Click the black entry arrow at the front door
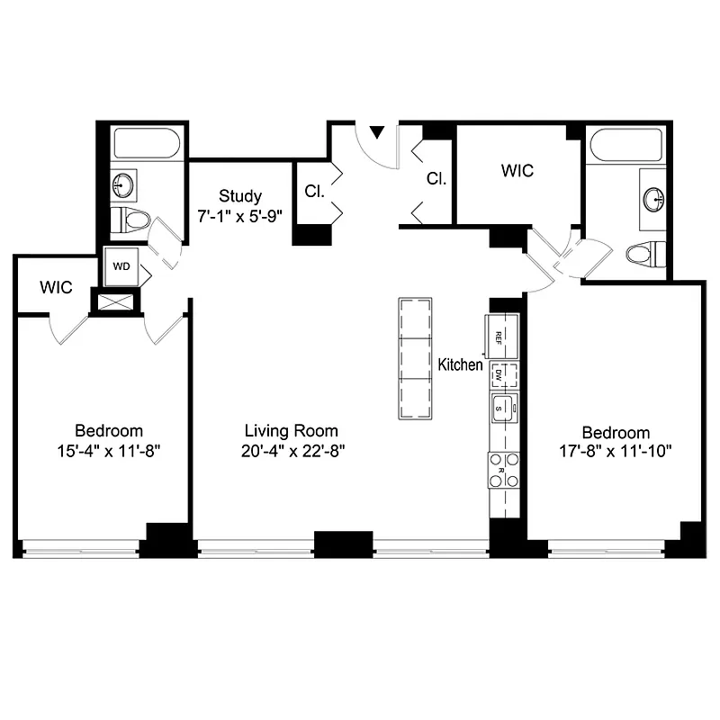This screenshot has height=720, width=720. coord(378,132)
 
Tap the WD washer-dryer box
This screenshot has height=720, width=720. coord(121,267)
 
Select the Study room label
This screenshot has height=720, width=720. coord(240,196)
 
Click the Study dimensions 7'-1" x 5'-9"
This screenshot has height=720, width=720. coord(240,216)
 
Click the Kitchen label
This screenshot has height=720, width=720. coord(460,365)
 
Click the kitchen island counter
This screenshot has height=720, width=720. coord(415,357)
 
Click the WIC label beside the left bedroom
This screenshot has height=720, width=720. coord(55,288)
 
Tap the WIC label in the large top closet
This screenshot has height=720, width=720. coord(517,170)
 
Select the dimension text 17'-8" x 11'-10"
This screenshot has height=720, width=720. coord(616,449)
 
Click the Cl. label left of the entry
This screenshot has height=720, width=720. coord(314,191)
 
